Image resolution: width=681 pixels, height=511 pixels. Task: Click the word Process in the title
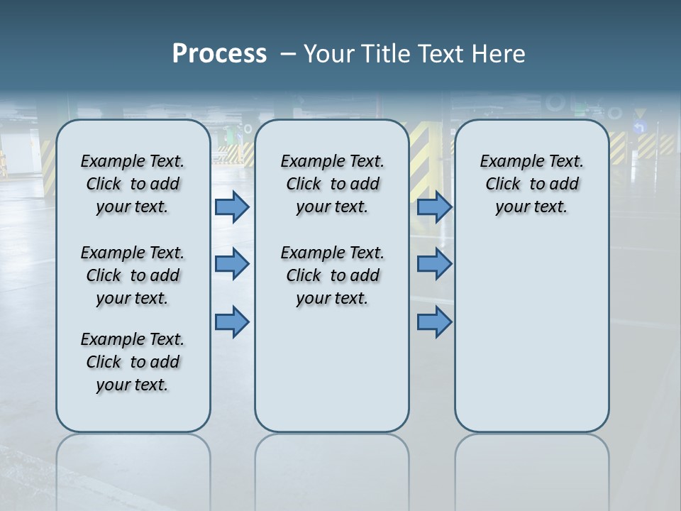(x=219, y=54)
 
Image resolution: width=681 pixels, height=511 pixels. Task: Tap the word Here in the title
(x=498, y=54)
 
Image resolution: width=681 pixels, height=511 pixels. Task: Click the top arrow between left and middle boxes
(x=232, y=207)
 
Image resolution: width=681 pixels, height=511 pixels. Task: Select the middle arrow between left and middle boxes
(x=232, y=264)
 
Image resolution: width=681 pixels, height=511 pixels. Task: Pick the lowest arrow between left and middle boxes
(x=232, y=322)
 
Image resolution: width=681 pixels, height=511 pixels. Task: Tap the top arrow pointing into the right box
(x=434, y=207)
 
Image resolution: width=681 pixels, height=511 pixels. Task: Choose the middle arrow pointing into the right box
(x=434, y=264)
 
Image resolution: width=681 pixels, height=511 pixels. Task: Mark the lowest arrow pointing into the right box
(x=434, y=322)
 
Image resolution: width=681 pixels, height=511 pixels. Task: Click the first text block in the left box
(x=133, y=184)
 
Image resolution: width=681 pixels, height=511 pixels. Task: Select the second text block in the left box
(x=133, y=275)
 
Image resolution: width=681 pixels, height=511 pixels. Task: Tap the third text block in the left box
(x=133, y=362)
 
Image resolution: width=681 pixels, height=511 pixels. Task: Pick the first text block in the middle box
(x=332, y=184)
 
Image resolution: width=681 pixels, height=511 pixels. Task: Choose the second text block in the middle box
(x=332, y=275)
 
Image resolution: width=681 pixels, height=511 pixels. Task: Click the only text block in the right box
(x=531, y=184)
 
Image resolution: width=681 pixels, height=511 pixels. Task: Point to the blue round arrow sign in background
(x=639, y=128)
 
